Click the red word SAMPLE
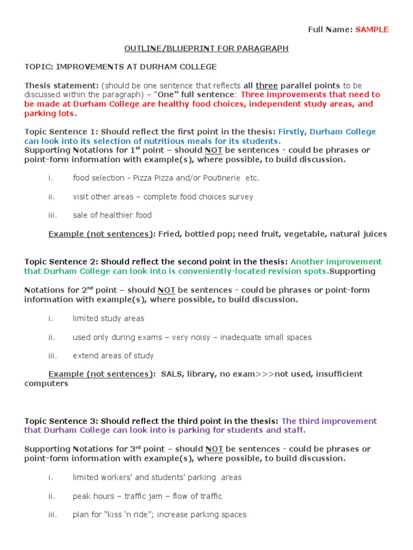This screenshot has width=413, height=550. [372, 30]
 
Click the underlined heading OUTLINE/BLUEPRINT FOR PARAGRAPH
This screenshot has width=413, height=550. [206, 48]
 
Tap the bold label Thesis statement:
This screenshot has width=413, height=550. [61, 85]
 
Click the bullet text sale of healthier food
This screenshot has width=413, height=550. [112, 215]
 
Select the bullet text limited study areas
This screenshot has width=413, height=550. [108, 319]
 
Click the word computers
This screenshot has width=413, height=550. [46, 383]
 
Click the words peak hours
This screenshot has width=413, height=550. [94, 496]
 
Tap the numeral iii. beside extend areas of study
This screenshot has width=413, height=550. [52, 356]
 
